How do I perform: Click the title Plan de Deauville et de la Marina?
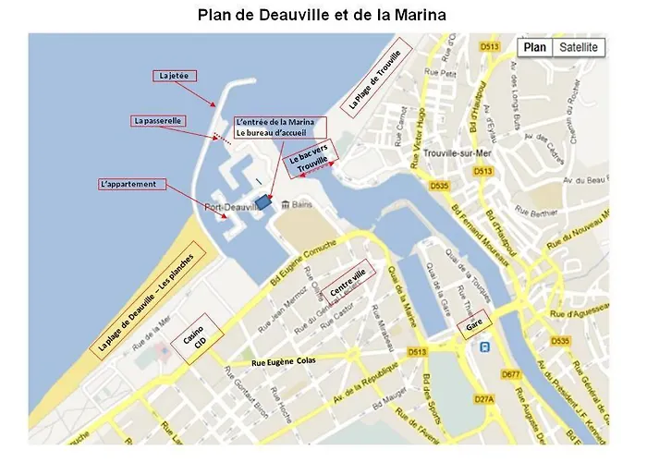click(322, 16)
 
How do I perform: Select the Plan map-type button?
click(534, 47)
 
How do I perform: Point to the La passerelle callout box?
click(159, 120)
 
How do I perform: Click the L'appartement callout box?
click(128, 184)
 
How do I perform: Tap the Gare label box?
click(474, 327)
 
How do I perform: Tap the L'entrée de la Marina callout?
click(275, 128)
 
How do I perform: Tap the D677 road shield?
click(510, 374)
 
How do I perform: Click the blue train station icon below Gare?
click(484, 347)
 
